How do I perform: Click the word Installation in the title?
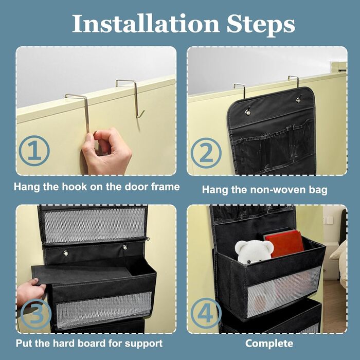coord(146,24)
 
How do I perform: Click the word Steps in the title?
coord(261,25)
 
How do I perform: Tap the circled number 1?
coord(34,151)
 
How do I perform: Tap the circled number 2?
coord(206,153)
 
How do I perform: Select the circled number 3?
coord(36,314)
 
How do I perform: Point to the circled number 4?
coord(206,313)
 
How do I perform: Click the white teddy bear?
coord(253,251)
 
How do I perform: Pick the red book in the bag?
coord(285,244)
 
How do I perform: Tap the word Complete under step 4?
coord(269,344)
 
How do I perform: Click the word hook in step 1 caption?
coord(75,187)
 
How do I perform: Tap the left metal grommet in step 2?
coord(248,112)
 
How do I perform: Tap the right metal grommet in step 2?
coord(298,100)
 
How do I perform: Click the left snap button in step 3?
coord(66,253)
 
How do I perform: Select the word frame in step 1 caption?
coord(165,187)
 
